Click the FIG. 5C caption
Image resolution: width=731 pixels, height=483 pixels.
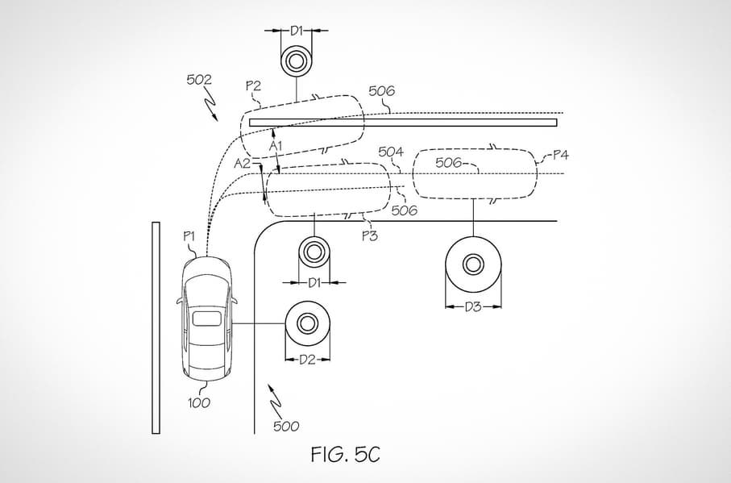click(346, 454)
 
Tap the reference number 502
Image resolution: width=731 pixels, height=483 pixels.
click(199, 80)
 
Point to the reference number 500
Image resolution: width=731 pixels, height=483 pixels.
click(286, 426)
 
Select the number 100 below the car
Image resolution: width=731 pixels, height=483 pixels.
click(198, 402)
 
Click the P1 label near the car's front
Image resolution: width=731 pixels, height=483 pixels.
click(189, 236)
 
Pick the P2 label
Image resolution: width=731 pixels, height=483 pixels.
click(253, 85)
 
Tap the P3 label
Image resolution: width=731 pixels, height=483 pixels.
click(370, 236)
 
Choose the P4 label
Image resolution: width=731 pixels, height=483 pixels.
click(560, 155)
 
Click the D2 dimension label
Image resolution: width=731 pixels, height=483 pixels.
click(307, 360)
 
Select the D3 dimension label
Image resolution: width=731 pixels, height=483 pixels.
click(473, 306)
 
